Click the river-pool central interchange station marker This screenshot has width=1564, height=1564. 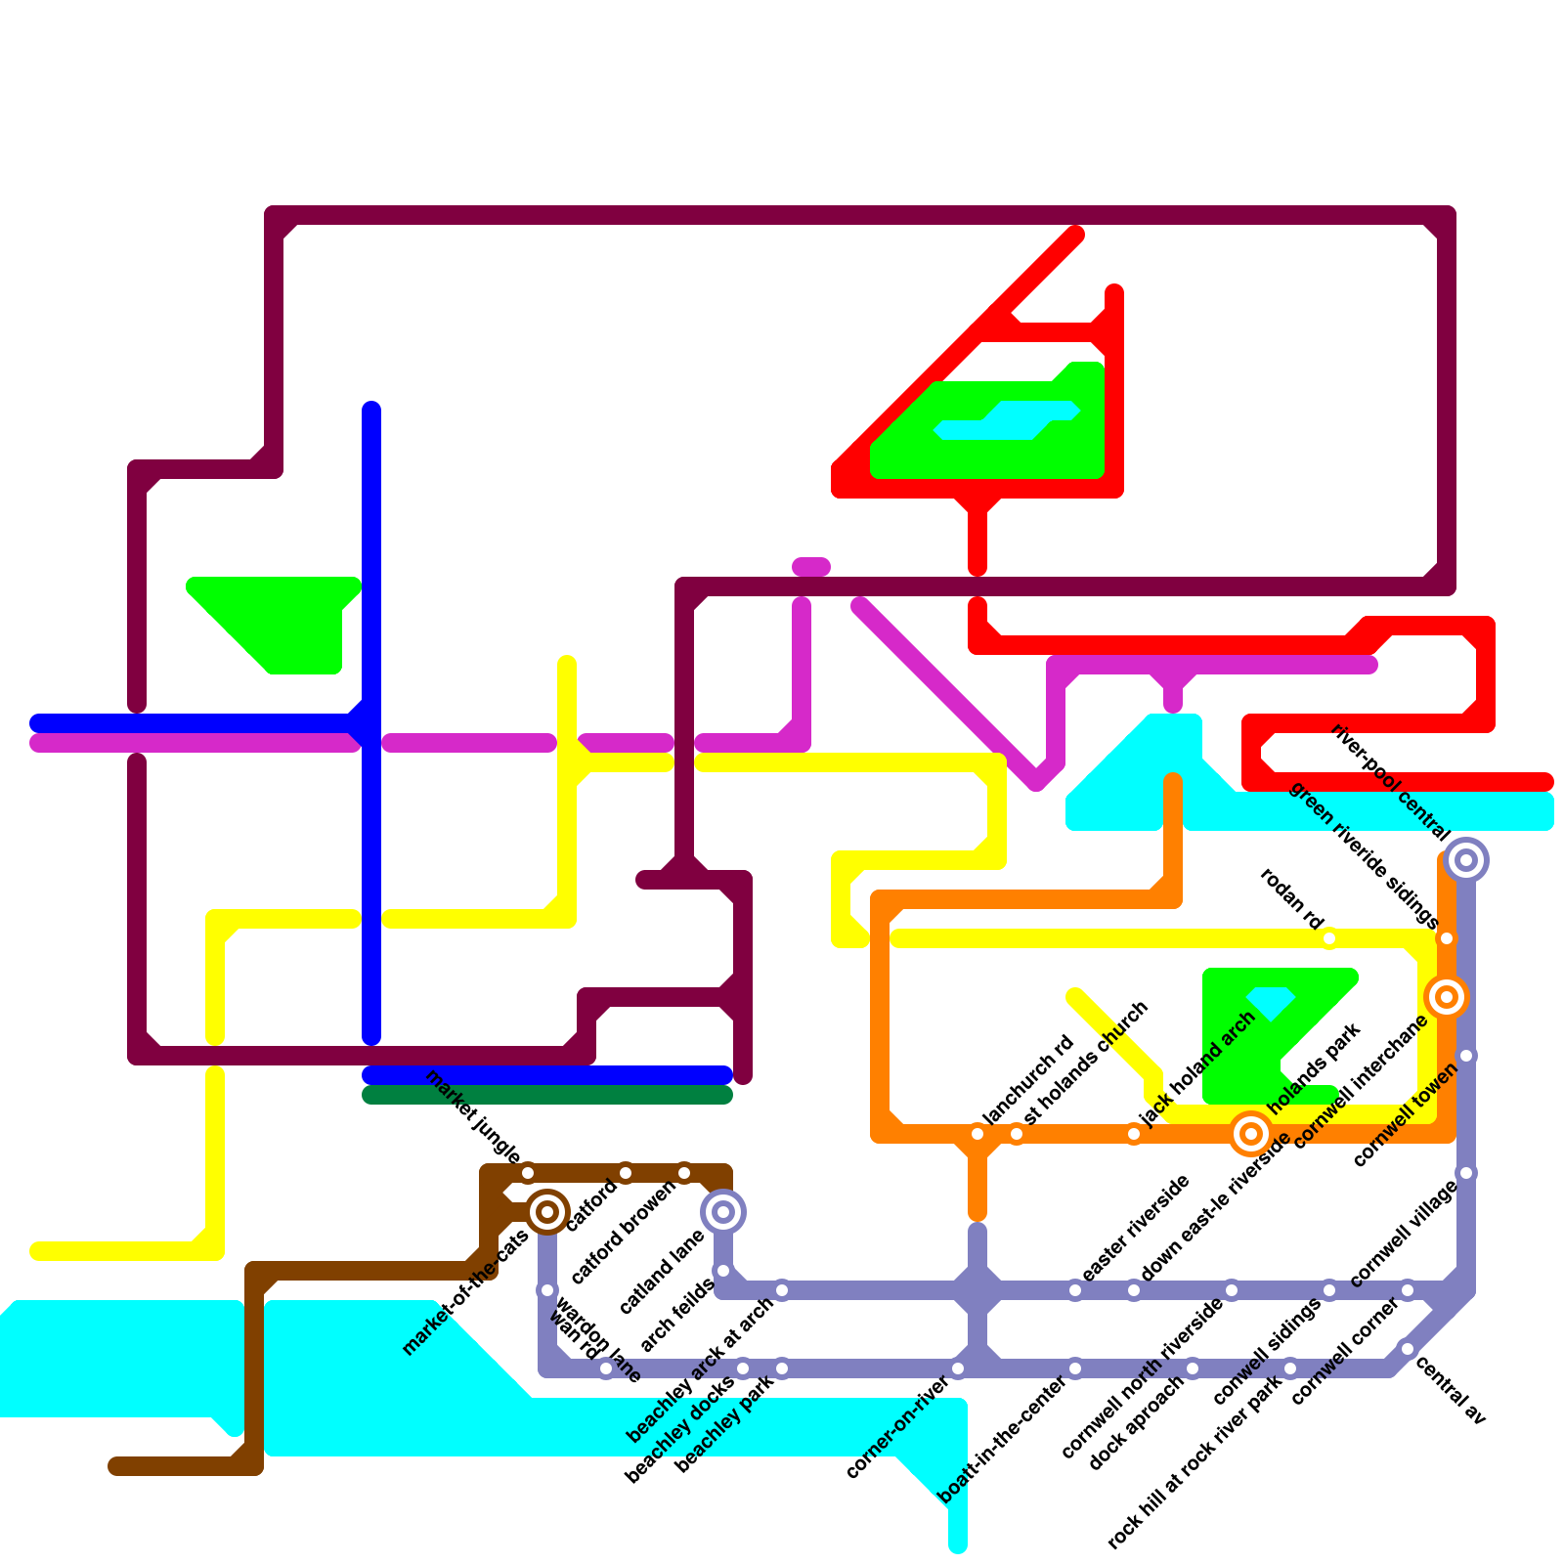coord(1466,860)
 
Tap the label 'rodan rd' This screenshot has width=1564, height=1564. coord(1291,898)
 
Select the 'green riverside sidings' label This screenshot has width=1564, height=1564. coord(1364,856)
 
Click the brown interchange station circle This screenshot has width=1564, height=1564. coord(547,1212)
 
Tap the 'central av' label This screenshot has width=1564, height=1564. coord(1451,1390)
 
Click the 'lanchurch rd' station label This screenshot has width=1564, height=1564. coord(1027,1079)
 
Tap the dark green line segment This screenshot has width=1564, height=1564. coord(547,1095)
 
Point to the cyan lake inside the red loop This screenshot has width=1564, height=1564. coord(1007,420)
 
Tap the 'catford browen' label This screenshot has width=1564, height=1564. coord(624,1233)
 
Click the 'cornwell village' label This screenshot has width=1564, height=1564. coord(1404,1234)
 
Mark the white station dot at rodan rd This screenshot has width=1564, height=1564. coord(1329,938)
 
